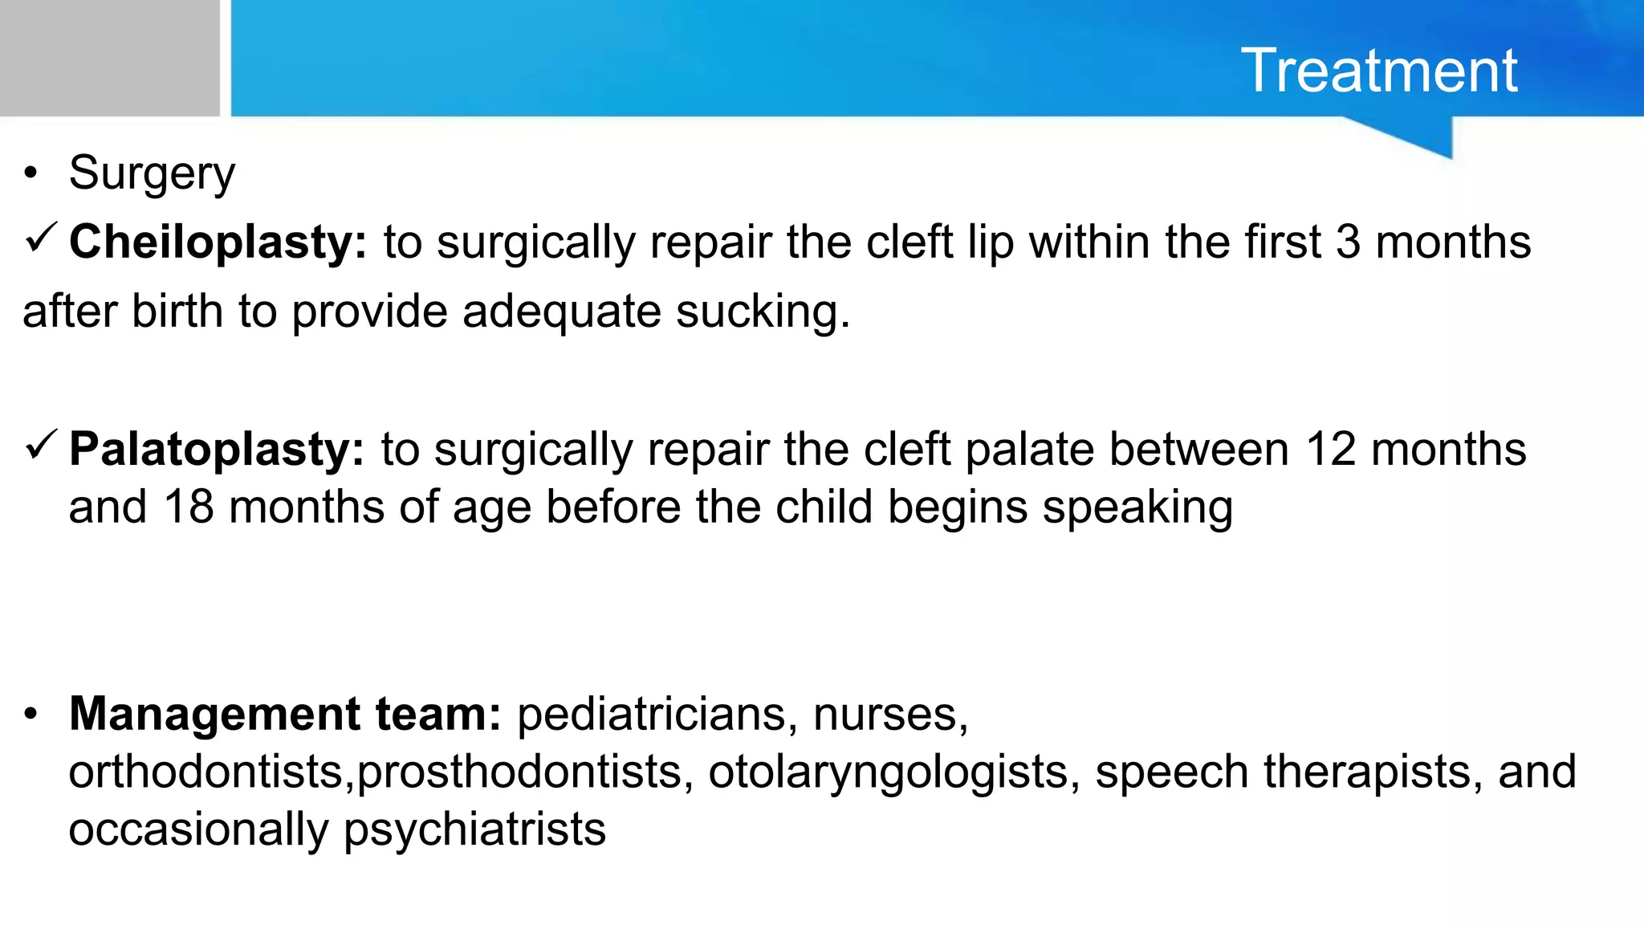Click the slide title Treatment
[1378, 71]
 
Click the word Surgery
[152, 173]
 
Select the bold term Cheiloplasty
[217, 242]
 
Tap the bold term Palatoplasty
[216, 449]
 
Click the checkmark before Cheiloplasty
[41, 238]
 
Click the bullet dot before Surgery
[31, 173]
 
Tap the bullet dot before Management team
[31, 714]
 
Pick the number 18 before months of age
[189, 507]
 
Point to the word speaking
[1137, 507]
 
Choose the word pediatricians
[651, 714]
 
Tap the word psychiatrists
[474, 829]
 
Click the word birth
[177, 312]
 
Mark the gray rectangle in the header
[109, 58]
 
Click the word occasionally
[198, 829]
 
